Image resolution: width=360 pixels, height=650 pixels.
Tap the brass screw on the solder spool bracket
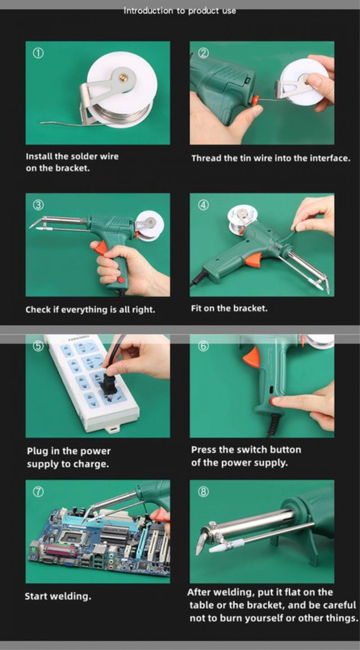[124, 77]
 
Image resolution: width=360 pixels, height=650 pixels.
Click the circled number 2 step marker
[203, 53]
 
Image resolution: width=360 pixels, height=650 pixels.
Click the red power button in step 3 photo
[121, 280]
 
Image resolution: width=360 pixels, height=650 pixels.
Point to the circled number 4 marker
[203, 205]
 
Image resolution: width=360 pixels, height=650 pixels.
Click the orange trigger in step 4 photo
[253, 259]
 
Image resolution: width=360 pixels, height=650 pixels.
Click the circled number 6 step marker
[203, 346]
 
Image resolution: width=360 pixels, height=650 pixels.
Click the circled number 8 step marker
[203, 492]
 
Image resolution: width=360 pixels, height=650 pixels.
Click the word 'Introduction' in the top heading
[148, 11]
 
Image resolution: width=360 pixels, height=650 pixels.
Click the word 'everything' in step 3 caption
[84, 310]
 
